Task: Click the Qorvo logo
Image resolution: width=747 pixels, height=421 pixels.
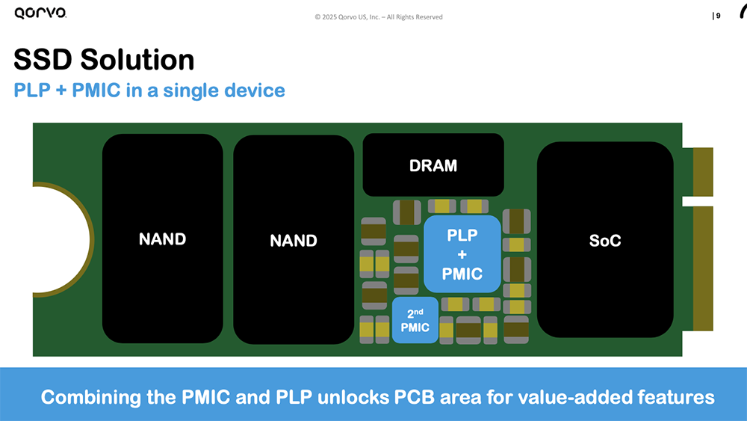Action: [40, 13]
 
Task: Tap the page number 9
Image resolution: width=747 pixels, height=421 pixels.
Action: [718, 16]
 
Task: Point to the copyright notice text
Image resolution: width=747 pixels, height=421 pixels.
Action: [378, 17]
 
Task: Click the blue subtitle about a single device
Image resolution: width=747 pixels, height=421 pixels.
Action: [149, 90]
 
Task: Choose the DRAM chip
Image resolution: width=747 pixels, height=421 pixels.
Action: [433, 165]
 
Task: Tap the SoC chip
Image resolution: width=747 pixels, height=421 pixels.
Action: [605, 240]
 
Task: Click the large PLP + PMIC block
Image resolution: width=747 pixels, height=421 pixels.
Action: [462, 254]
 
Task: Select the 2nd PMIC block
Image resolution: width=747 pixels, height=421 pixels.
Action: [415, 320]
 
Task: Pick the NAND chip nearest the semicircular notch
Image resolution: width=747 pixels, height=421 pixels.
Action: [163, 239]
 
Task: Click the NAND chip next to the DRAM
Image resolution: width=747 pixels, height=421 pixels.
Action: [294, 240]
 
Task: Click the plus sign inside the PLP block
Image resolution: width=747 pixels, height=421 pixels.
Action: [462, 255]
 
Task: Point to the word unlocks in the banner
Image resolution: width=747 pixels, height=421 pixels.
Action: [350, 396]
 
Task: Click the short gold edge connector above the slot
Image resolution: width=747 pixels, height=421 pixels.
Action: [703, 171]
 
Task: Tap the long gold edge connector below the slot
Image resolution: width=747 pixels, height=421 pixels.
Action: [703, 268]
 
